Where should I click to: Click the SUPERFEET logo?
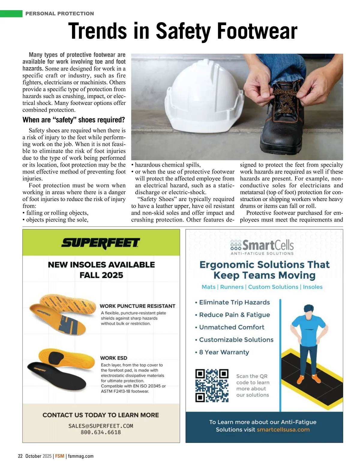tap(101, 243)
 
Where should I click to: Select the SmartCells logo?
tap(262, 246)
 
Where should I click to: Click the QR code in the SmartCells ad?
tap(212, 385)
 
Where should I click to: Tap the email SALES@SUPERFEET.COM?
tap(101, 426)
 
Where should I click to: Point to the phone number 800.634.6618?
tap(101, 432)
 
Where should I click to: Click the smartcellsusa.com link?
tap(283, 429)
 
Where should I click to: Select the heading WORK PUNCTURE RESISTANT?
tap(137, 306)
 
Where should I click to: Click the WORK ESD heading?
tap(114, 358)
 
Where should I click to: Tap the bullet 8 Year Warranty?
tap(224, 352)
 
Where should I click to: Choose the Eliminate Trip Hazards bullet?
tap(234, 302)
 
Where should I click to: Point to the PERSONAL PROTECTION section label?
tap(60, 13)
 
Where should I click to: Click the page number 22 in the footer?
tap(20, 456)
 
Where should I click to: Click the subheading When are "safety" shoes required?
tap(74, 120)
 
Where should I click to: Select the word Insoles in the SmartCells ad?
tap(313, 287)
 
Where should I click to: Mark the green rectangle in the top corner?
tap(11, 13)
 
